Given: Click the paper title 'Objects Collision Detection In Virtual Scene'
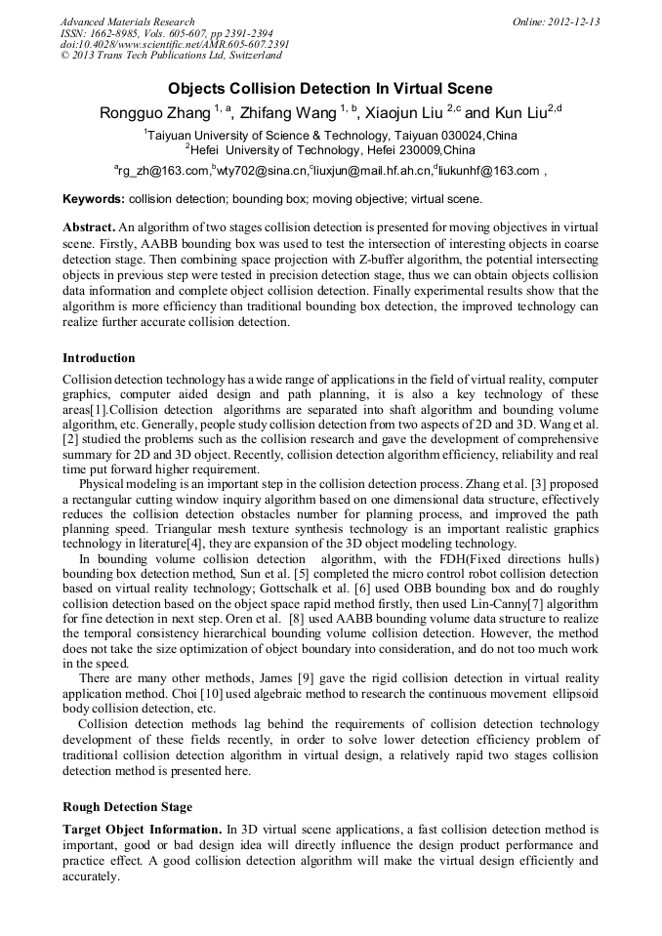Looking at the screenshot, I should click(x=330, y=88).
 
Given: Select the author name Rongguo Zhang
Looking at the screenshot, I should click(x=153, y=112).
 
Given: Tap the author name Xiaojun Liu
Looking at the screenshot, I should click(x=405, y=112).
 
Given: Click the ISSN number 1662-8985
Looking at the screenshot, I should click(x=112, y=33).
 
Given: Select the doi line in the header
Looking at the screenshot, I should click(x=174, y=45).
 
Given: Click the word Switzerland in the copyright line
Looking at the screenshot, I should click(x=247, y=56).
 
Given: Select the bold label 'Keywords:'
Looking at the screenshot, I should click(x=94, y=199).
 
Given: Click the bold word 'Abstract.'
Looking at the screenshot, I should click(x=89, y=225).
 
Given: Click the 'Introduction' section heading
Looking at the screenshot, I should click(x=99, y=358).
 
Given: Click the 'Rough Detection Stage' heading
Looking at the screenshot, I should click(x=127, y=807).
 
